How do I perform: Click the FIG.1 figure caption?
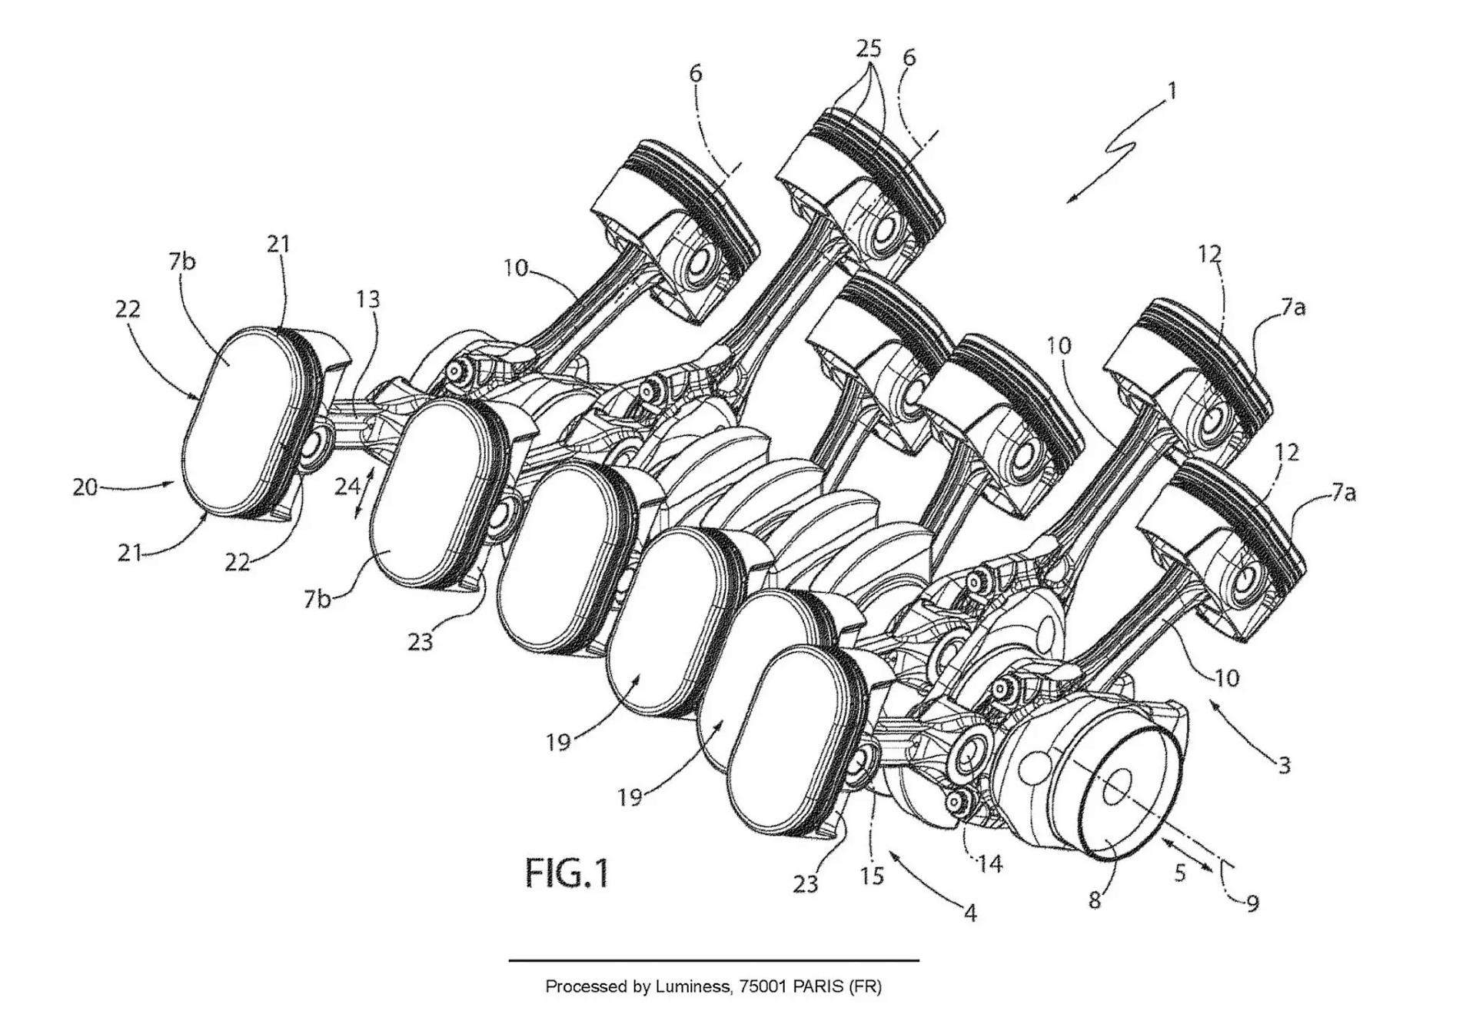567,873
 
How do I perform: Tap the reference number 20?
85,487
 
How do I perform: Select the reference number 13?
368,298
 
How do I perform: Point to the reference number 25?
869,48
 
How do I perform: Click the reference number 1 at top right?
1172,91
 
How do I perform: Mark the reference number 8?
1095,899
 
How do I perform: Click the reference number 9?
1252,903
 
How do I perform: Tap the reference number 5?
1181,872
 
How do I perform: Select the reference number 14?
989,864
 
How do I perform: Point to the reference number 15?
872,876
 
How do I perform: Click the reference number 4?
970,913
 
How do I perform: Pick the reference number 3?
1284,764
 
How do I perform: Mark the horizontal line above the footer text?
713,960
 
